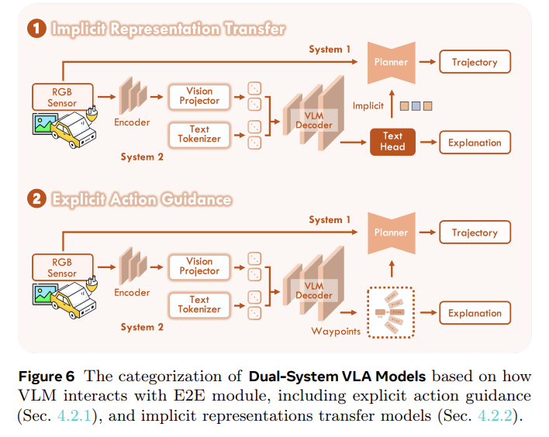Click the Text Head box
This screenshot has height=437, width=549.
[x=392, y=142]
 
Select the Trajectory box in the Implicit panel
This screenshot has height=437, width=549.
[x=475, y=62]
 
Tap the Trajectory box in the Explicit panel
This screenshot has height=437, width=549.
[x=475, y=232]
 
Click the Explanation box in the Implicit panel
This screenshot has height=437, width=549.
[x=475, y=143]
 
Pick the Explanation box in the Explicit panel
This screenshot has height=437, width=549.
[x=475, y=313]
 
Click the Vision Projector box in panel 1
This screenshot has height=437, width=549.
[x=199, y=96]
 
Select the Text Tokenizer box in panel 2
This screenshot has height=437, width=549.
[x=199, y=305]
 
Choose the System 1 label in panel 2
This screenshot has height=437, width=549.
[x=330, y=220]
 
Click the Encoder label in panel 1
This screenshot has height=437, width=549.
[x=132, y=122]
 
